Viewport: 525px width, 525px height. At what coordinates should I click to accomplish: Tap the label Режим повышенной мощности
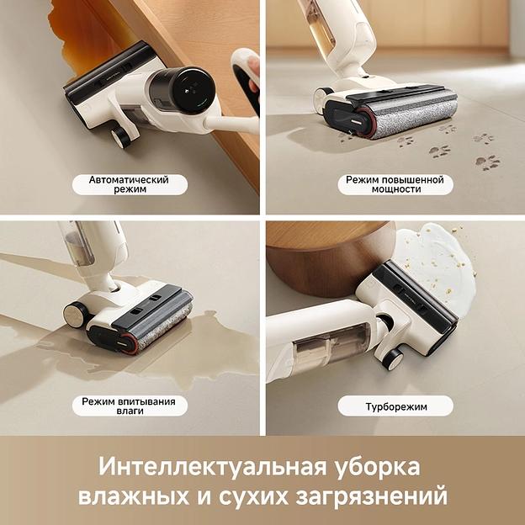[395, 184]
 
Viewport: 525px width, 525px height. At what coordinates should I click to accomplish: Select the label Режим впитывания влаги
[129, 406]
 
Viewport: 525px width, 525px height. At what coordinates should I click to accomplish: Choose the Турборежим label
[395, 406]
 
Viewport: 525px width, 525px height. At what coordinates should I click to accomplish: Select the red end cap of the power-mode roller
[361, 122]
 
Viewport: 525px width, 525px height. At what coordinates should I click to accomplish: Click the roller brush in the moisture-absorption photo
[163, 327]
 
